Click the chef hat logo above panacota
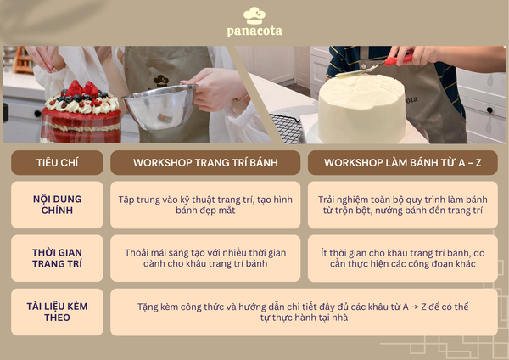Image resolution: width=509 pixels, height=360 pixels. (x=255, y=15)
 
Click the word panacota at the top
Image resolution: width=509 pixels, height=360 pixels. (x=255, y=31)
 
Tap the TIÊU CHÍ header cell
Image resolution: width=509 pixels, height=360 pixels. (x=57, y=162)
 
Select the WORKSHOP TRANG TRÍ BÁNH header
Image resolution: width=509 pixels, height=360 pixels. (x=205, y=162)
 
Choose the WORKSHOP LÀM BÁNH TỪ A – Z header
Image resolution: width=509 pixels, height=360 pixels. (x=402, y=162)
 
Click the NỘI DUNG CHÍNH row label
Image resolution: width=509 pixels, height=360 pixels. (x=57, y=205)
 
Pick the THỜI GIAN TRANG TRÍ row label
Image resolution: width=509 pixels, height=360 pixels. (x=57, y=258)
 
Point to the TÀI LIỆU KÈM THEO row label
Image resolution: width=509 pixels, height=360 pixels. (x=57, y=312)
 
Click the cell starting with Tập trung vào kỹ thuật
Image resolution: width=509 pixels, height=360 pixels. (x=205, y=205)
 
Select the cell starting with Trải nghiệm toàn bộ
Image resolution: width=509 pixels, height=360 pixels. (x=402, y=205)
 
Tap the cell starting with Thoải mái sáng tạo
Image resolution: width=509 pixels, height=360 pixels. (x=205, y=258)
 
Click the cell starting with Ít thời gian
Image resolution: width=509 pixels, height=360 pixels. (x=402, y=258)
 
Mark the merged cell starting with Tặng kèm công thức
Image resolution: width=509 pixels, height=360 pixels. (x=304, y=312)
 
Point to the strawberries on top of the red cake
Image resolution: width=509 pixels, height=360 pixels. (x=82, y=88)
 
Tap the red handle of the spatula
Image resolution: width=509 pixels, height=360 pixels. (x=398, y=60)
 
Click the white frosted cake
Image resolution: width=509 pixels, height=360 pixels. (x=362, y=109)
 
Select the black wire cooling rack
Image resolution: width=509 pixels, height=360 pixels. (x=287, y=129)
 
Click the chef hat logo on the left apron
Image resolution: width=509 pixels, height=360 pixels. (x=161, y=81)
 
